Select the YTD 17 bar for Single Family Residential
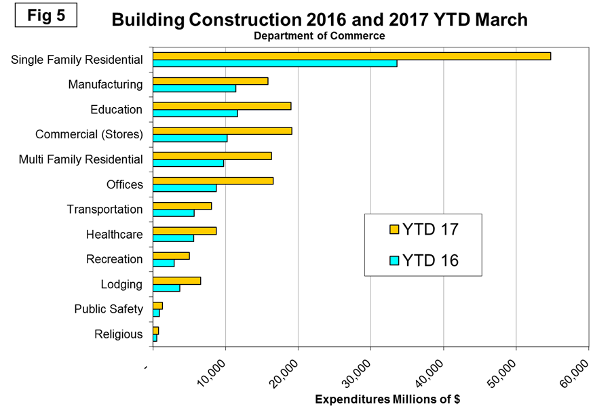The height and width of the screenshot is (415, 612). (x=351, y=56)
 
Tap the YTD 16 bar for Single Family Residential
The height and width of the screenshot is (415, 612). (x=275, y=63)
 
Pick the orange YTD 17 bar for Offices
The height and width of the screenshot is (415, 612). (x=213, y=180)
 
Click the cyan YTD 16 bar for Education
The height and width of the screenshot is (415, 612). (x=195, y=113)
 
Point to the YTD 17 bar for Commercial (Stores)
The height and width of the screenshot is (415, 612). (x=223, y=130)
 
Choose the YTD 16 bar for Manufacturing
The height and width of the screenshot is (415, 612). (x=194, y=88)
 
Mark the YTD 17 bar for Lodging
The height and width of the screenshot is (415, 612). (x=177, y=280)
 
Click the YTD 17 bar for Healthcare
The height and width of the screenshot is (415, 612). (x=185, y=231)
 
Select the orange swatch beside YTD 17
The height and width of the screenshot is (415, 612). (x=394, y=229)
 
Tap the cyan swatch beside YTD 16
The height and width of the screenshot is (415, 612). (x=394, y=260)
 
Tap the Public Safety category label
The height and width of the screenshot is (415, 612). (x=109, y=309)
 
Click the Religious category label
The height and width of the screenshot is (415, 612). (x=119, y=334)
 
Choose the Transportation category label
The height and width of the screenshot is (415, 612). (x=104, y=209)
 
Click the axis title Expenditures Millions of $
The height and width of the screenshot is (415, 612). (x=387, y=399)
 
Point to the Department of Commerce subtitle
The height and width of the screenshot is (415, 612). (x=319, y=36)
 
